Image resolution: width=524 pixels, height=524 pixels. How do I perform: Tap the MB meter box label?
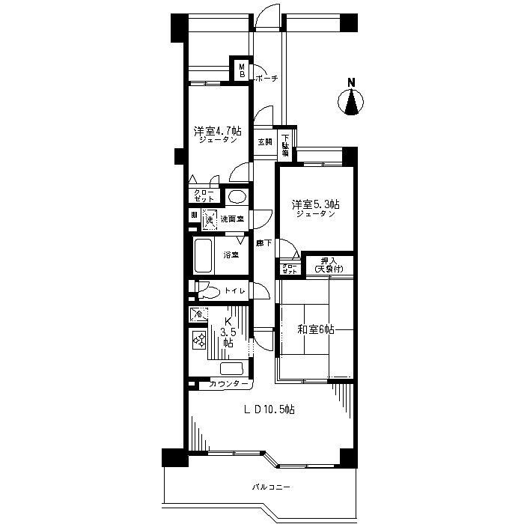point(242,70)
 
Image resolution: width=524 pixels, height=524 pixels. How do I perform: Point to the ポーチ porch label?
point(266,79)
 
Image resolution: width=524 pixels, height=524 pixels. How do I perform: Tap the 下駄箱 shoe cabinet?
point(286,144)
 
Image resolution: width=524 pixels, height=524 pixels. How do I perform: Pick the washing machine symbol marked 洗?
point(209,219)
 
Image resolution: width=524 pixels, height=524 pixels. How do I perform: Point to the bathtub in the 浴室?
point(204,255)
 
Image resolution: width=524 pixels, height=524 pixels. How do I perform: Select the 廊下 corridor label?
point(263,243)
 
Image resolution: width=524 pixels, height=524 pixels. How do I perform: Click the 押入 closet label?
point(327,264)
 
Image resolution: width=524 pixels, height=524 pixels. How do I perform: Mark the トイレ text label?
point(235,292)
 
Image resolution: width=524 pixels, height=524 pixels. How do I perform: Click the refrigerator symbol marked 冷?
point(197,315)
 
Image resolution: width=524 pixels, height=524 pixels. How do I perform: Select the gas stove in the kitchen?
point(200,341)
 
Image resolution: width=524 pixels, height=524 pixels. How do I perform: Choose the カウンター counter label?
point(228,384)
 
